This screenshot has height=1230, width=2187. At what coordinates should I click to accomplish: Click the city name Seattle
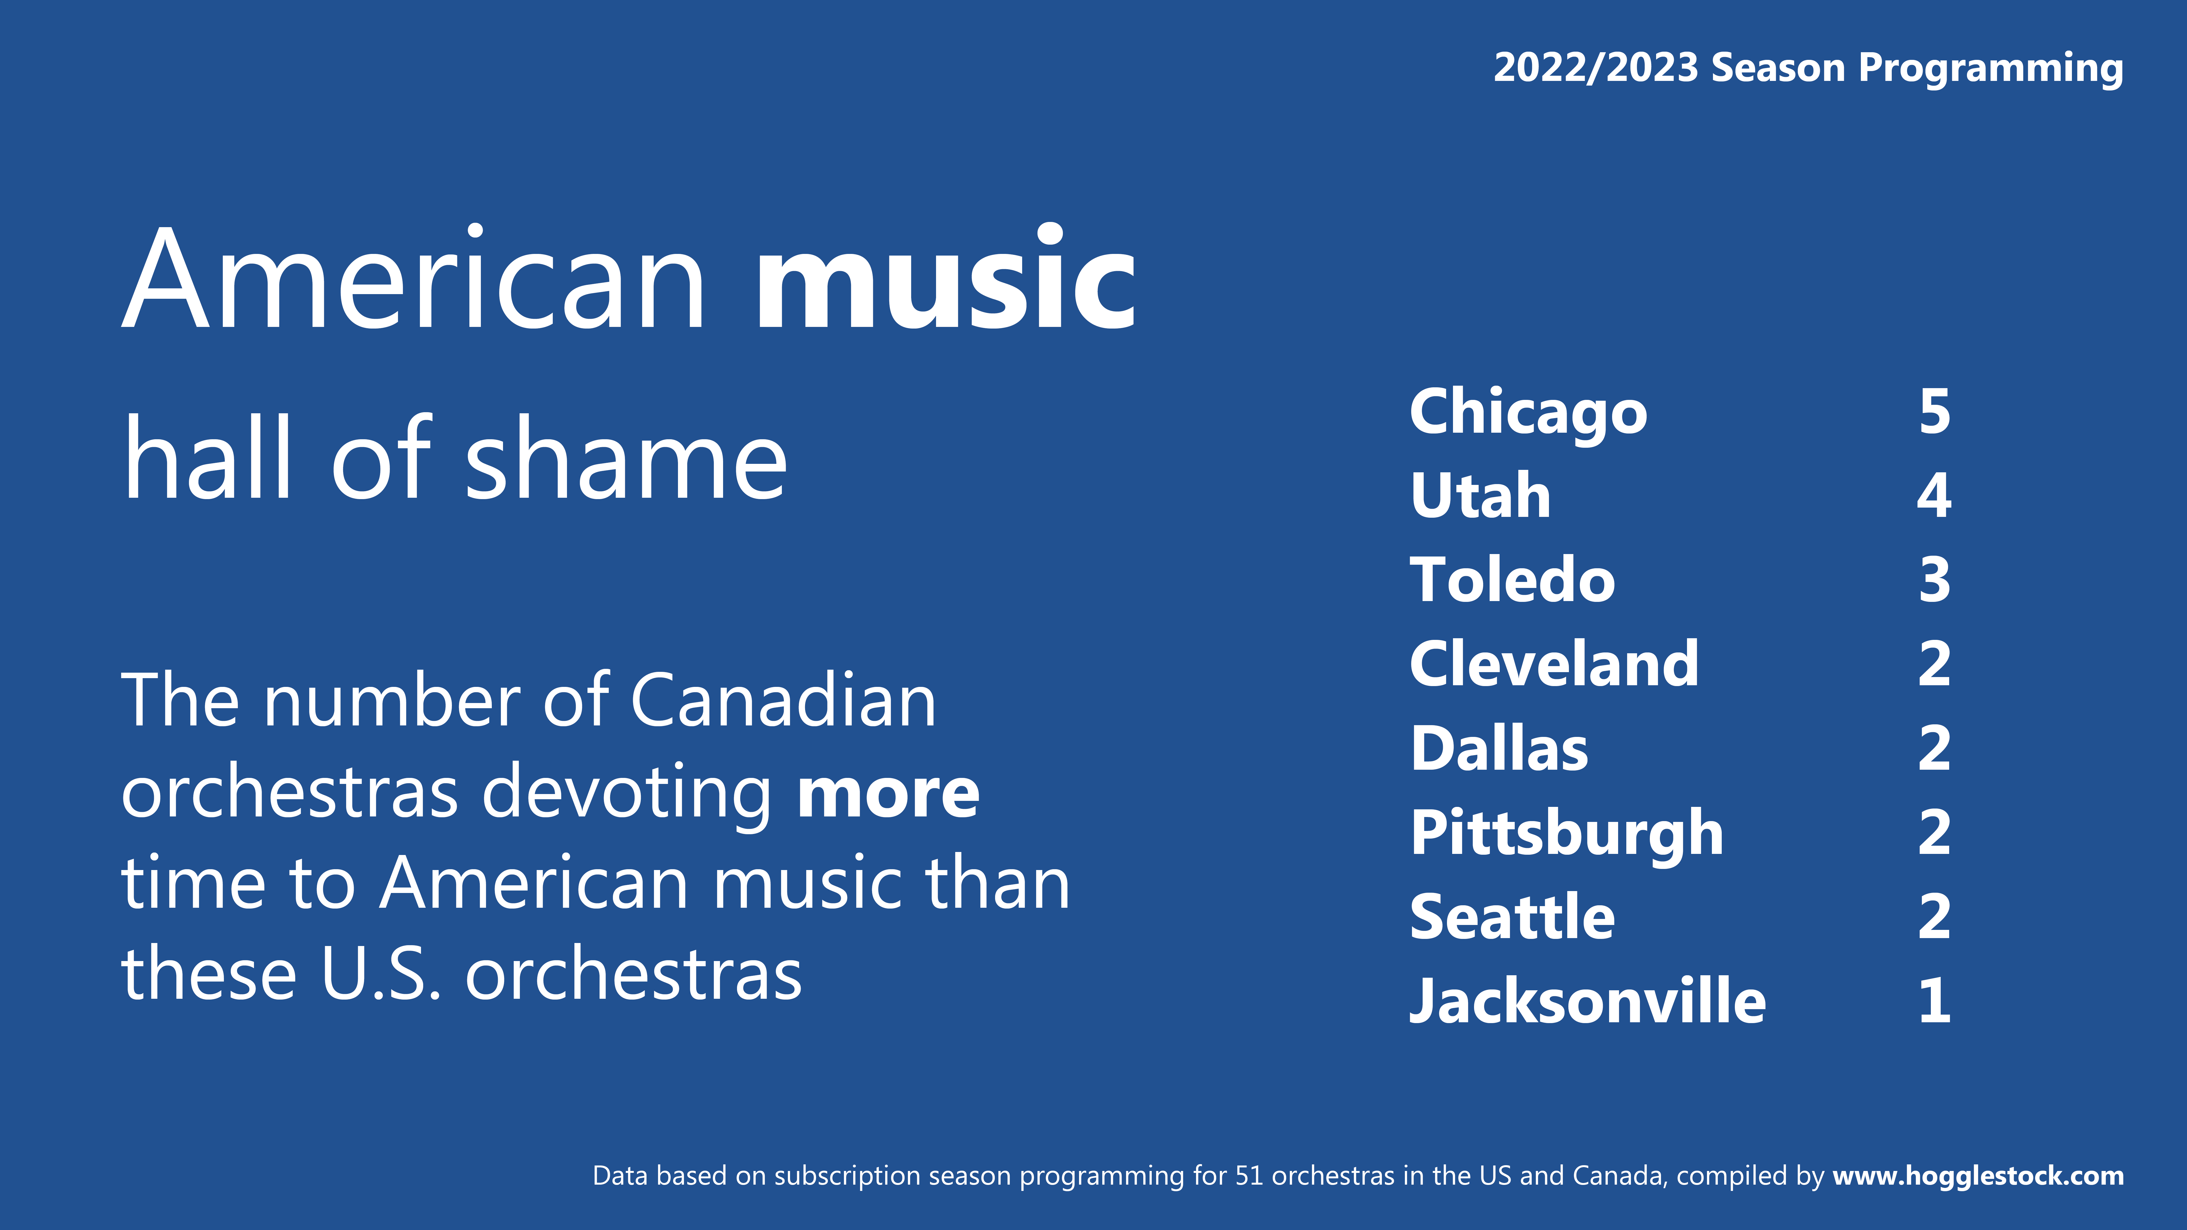pyautogui.click(x=1512, y=917)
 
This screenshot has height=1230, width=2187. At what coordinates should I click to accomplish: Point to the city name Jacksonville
pyautogui.click(x=1587, y=1002)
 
